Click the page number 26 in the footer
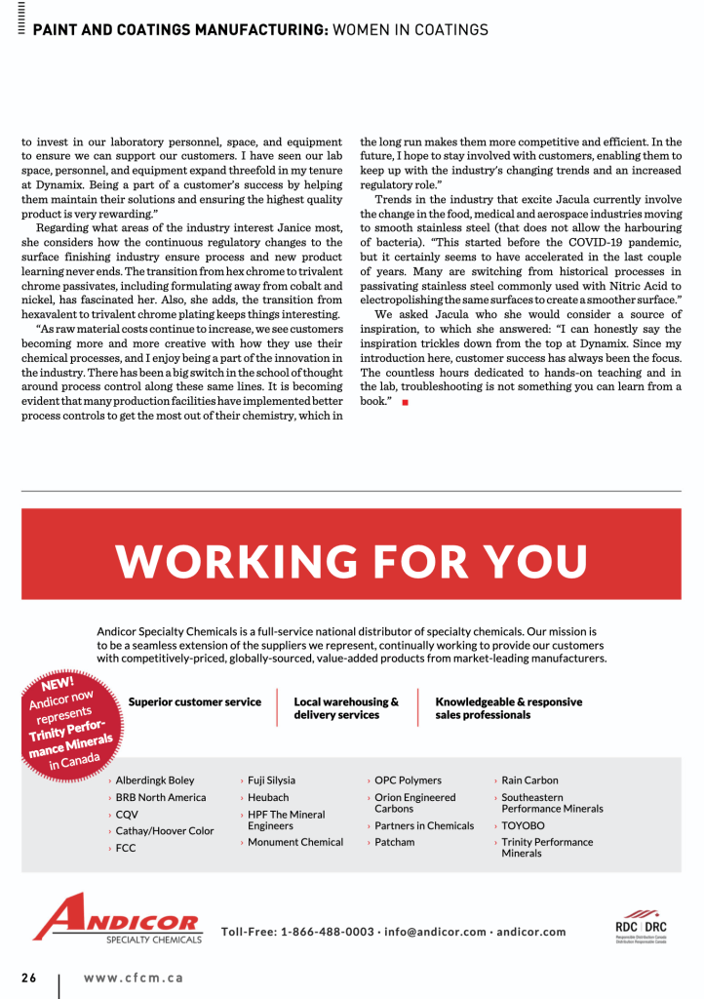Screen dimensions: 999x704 point(29,978)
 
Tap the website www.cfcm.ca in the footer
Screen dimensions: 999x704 point(133,978)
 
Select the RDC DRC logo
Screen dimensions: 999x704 point(641,929)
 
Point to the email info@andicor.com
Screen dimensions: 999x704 point(435,932)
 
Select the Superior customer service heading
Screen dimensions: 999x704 point(195,701)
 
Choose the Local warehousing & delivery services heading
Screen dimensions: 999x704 point(346,708)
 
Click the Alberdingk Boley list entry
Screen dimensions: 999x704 point(155,780)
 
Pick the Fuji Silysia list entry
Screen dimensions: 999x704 point(271,780)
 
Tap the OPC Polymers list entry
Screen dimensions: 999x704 point(408,780)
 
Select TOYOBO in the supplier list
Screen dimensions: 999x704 point(524,825)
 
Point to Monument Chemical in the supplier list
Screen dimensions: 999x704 point(295,842)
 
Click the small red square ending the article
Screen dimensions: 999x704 point(404,402)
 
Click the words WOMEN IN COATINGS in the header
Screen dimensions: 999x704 point(411,30)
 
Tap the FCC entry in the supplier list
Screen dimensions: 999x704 point(126,848)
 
